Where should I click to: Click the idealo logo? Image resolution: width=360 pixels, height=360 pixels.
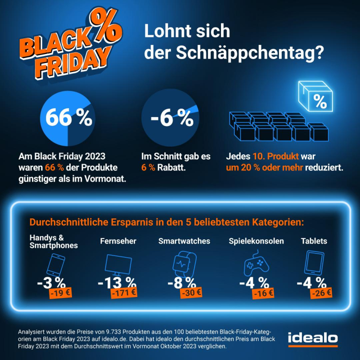click(312, 339)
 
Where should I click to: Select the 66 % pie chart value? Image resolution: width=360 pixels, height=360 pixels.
click(67, 118)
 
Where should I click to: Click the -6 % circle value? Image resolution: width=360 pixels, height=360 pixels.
click(171, 118)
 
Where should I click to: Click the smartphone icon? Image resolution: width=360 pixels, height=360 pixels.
click(54, 265)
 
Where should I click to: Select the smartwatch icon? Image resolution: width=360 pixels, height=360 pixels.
click(184, 265)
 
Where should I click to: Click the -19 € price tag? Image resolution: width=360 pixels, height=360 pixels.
click(60, 293)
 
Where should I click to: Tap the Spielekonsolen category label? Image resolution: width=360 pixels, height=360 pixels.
click(256, 241)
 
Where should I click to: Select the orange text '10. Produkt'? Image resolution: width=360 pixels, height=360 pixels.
click(272, 157)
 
